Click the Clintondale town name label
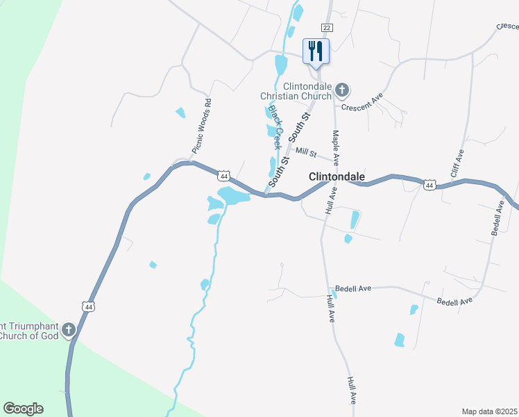(x=337, y=177)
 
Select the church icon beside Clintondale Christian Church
(x=342, y=89)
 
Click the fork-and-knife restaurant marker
(x=316, y=50)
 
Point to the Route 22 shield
(x=327, y=26)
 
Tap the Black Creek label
(x=275, y=127)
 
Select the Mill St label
(x=305, y=152)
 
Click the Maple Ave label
(x=336, y=142)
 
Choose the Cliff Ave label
(x=457, y=163)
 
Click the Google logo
(x=23, y=409)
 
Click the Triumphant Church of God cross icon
(x=69, y=329)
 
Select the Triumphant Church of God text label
(x=31, y=329)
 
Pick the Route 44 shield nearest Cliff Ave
(x=429, y=185)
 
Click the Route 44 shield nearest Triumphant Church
(x=88, y=306)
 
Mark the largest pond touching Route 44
(x=234, y=195)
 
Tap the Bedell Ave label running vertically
(x=497, y=218)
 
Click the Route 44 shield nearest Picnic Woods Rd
(x=223, y=176)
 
